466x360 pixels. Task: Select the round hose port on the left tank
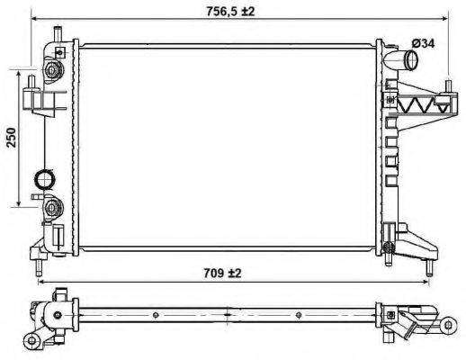coord(43,179)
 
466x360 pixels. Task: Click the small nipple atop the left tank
coord(55,34)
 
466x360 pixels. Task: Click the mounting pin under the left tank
coord(39,266)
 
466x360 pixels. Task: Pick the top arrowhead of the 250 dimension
coord(21,70)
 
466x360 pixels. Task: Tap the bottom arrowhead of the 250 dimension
coord(21,204)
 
